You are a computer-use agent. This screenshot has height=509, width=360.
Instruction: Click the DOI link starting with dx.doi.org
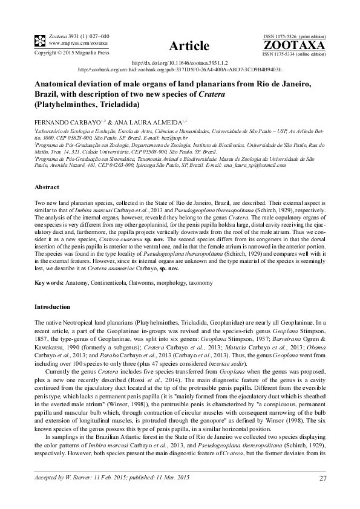click(x=180, y=63)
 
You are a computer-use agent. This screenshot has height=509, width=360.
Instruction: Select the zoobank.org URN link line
click(x=180, y=70)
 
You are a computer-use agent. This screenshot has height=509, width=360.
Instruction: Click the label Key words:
click(x=50, y=283)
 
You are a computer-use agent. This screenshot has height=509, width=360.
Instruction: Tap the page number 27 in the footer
click(x=322, y=479)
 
